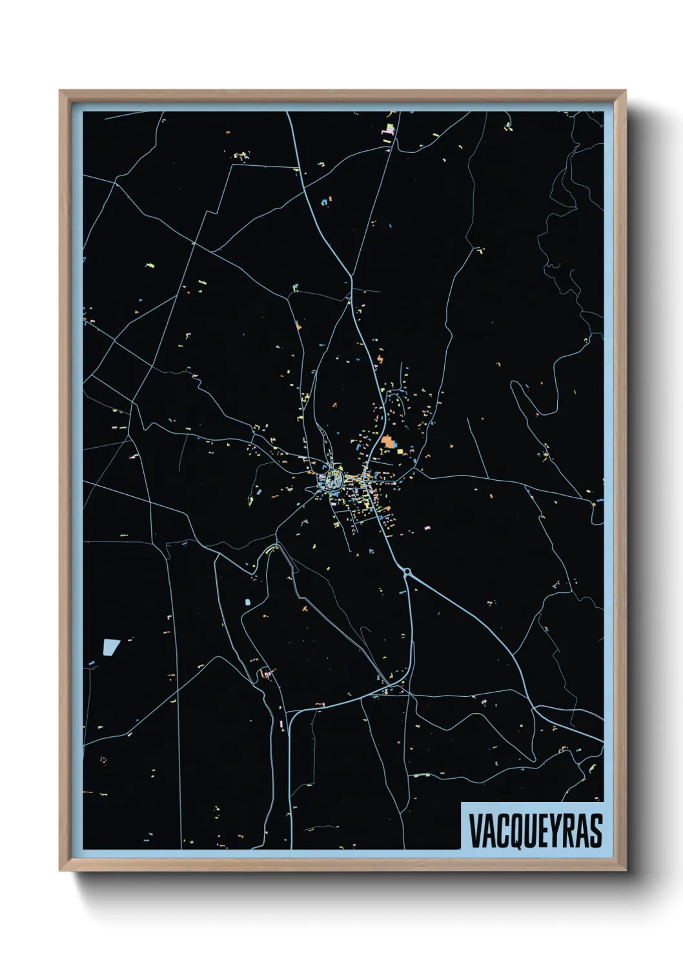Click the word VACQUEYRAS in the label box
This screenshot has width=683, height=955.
point(535,830)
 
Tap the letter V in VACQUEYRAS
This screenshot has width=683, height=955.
point(476,830)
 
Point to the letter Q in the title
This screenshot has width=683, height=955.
point(515,830)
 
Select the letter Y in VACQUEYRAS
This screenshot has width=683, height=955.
point(556,830)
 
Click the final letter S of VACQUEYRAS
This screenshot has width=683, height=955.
point(596,830)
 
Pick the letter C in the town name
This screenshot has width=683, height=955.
point(502,830)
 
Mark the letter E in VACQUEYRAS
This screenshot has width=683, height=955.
point(543,830)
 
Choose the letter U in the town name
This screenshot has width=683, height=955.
point(529,830)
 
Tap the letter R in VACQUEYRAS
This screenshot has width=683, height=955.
point(569,830)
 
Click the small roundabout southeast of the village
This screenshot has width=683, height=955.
point(407,571)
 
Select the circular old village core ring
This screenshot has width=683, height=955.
point(333,478)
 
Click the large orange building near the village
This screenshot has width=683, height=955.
point(388,442)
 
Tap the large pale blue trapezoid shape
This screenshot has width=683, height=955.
point(111,647)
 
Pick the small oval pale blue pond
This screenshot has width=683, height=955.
point(247,602)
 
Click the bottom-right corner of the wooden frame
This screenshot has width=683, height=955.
point(625,870)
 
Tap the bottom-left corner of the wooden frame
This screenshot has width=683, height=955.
point(61,870)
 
